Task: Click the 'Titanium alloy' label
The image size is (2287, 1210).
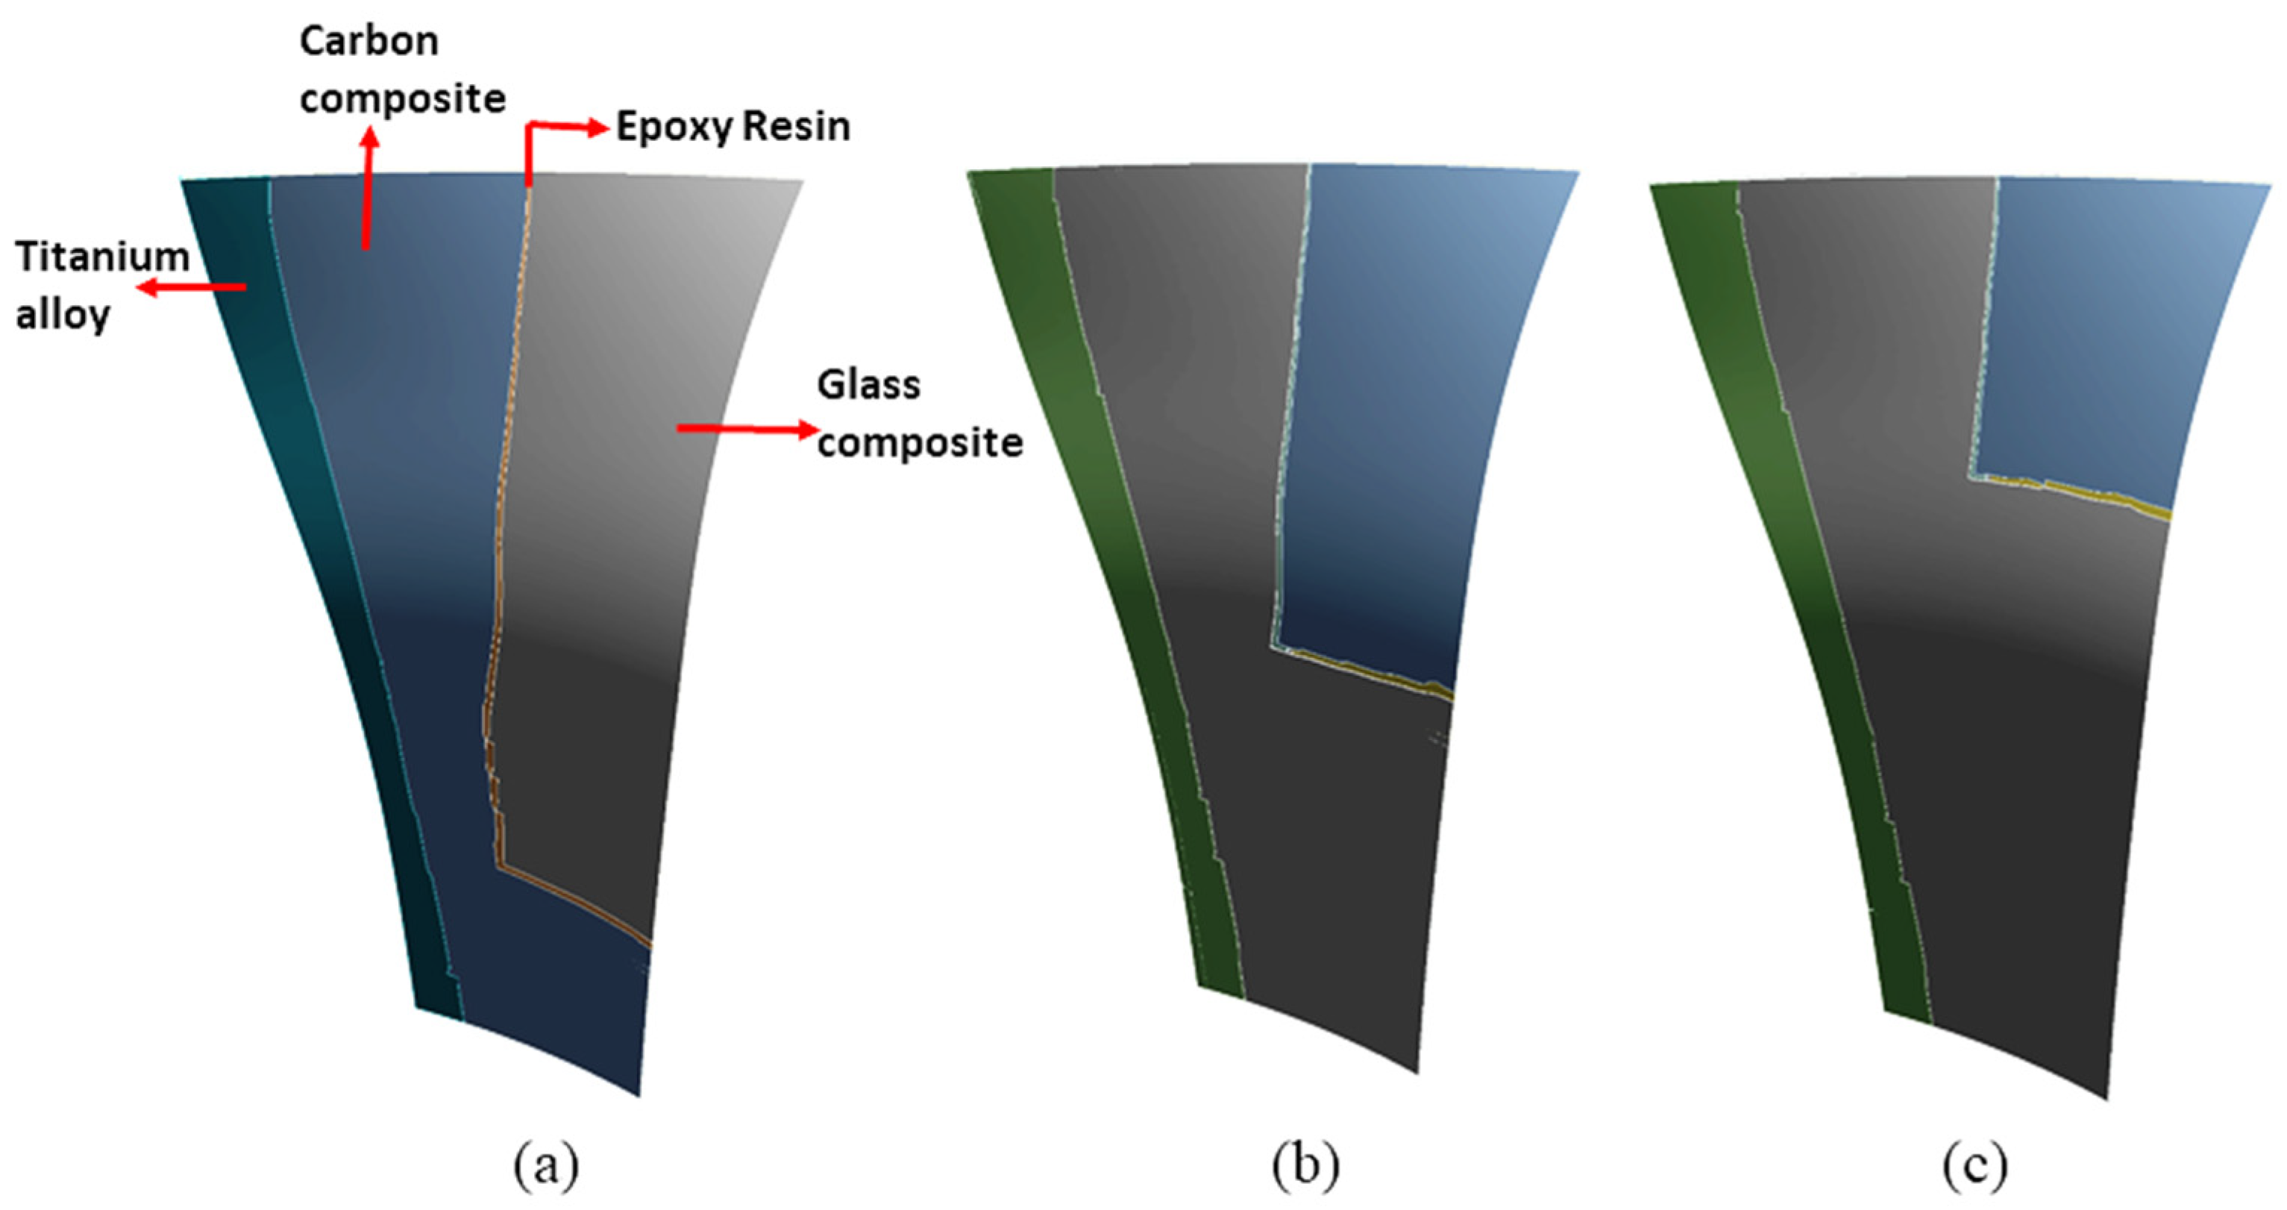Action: (x=102, y=285)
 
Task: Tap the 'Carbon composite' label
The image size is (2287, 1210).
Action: (x=402, y=69)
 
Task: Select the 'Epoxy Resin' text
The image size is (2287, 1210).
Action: (x=733, y=127)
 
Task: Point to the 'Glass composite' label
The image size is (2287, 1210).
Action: (x=919, y=414)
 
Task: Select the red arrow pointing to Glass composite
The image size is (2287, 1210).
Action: (x=746, y=429)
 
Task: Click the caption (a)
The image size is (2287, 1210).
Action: (x=546, y=1165)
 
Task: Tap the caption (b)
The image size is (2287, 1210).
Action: (x=1305, y=1165)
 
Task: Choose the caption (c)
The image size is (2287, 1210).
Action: (x=1974, y=1165)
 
